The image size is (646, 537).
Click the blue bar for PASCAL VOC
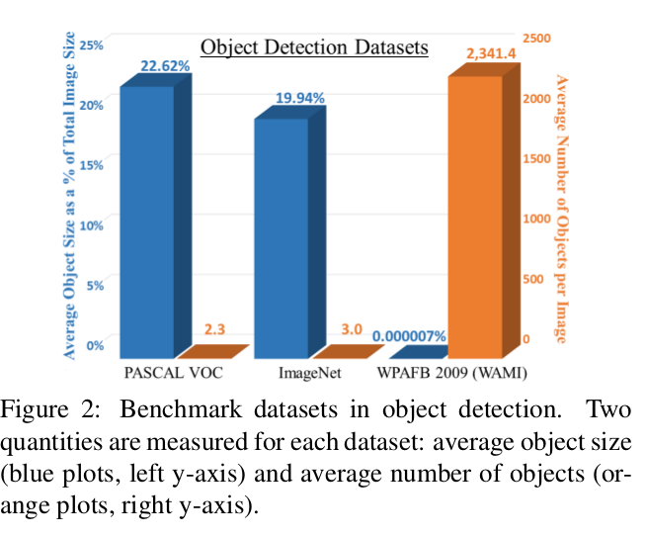[148, 223]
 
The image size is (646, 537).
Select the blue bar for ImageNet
[282, 237]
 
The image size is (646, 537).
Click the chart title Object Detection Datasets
[314, 46]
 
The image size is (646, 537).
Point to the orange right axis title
[561, 208]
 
